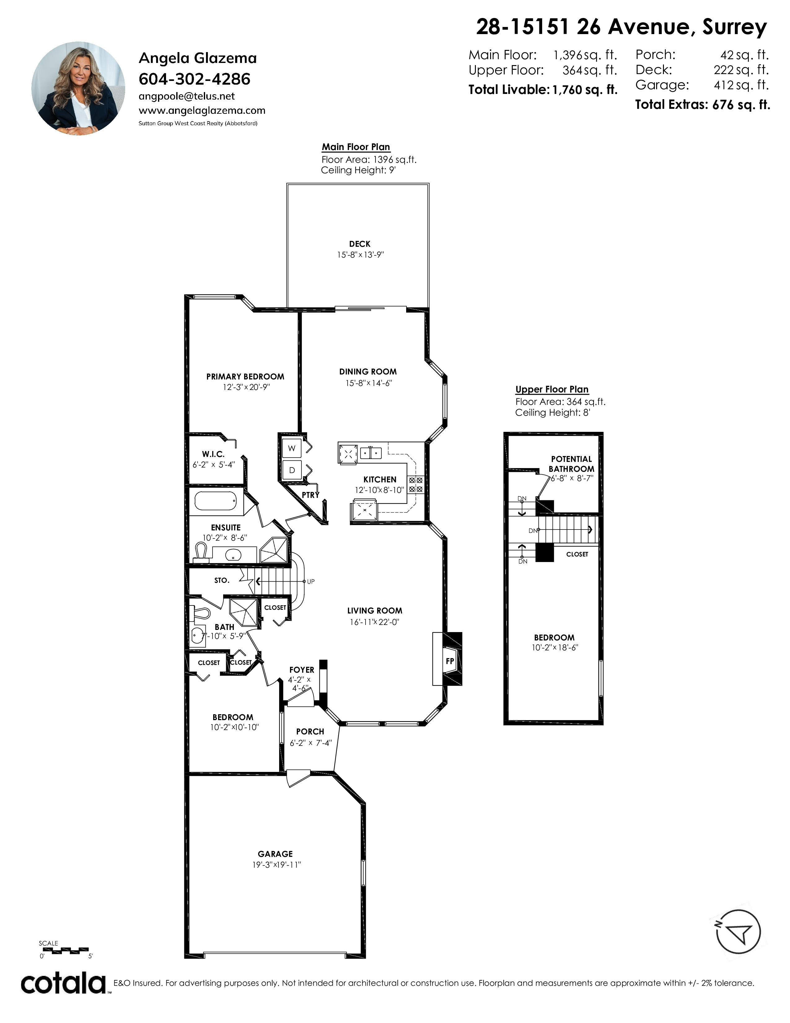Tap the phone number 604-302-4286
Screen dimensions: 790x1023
click(x=195, y=79)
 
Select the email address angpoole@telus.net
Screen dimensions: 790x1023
click(x=187, y=96)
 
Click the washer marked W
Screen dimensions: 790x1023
click(x=292, y=448)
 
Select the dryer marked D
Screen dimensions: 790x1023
click(x=292, y=470)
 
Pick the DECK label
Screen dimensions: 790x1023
click(x=359, y=244)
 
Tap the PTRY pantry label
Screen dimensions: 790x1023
click(x=310, y=495)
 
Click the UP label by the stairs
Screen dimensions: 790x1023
click(x=311, y=581)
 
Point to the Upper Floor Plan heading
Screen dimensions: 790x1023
click(x=552, y=389)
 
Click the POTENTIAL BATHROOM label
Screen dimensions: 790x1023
click(x=572, y=464)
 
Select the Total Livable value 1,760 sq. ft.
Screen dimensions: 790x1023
click(x=585, y=90)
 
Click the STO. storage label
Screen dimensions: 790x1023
click(x=222, y=580)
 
